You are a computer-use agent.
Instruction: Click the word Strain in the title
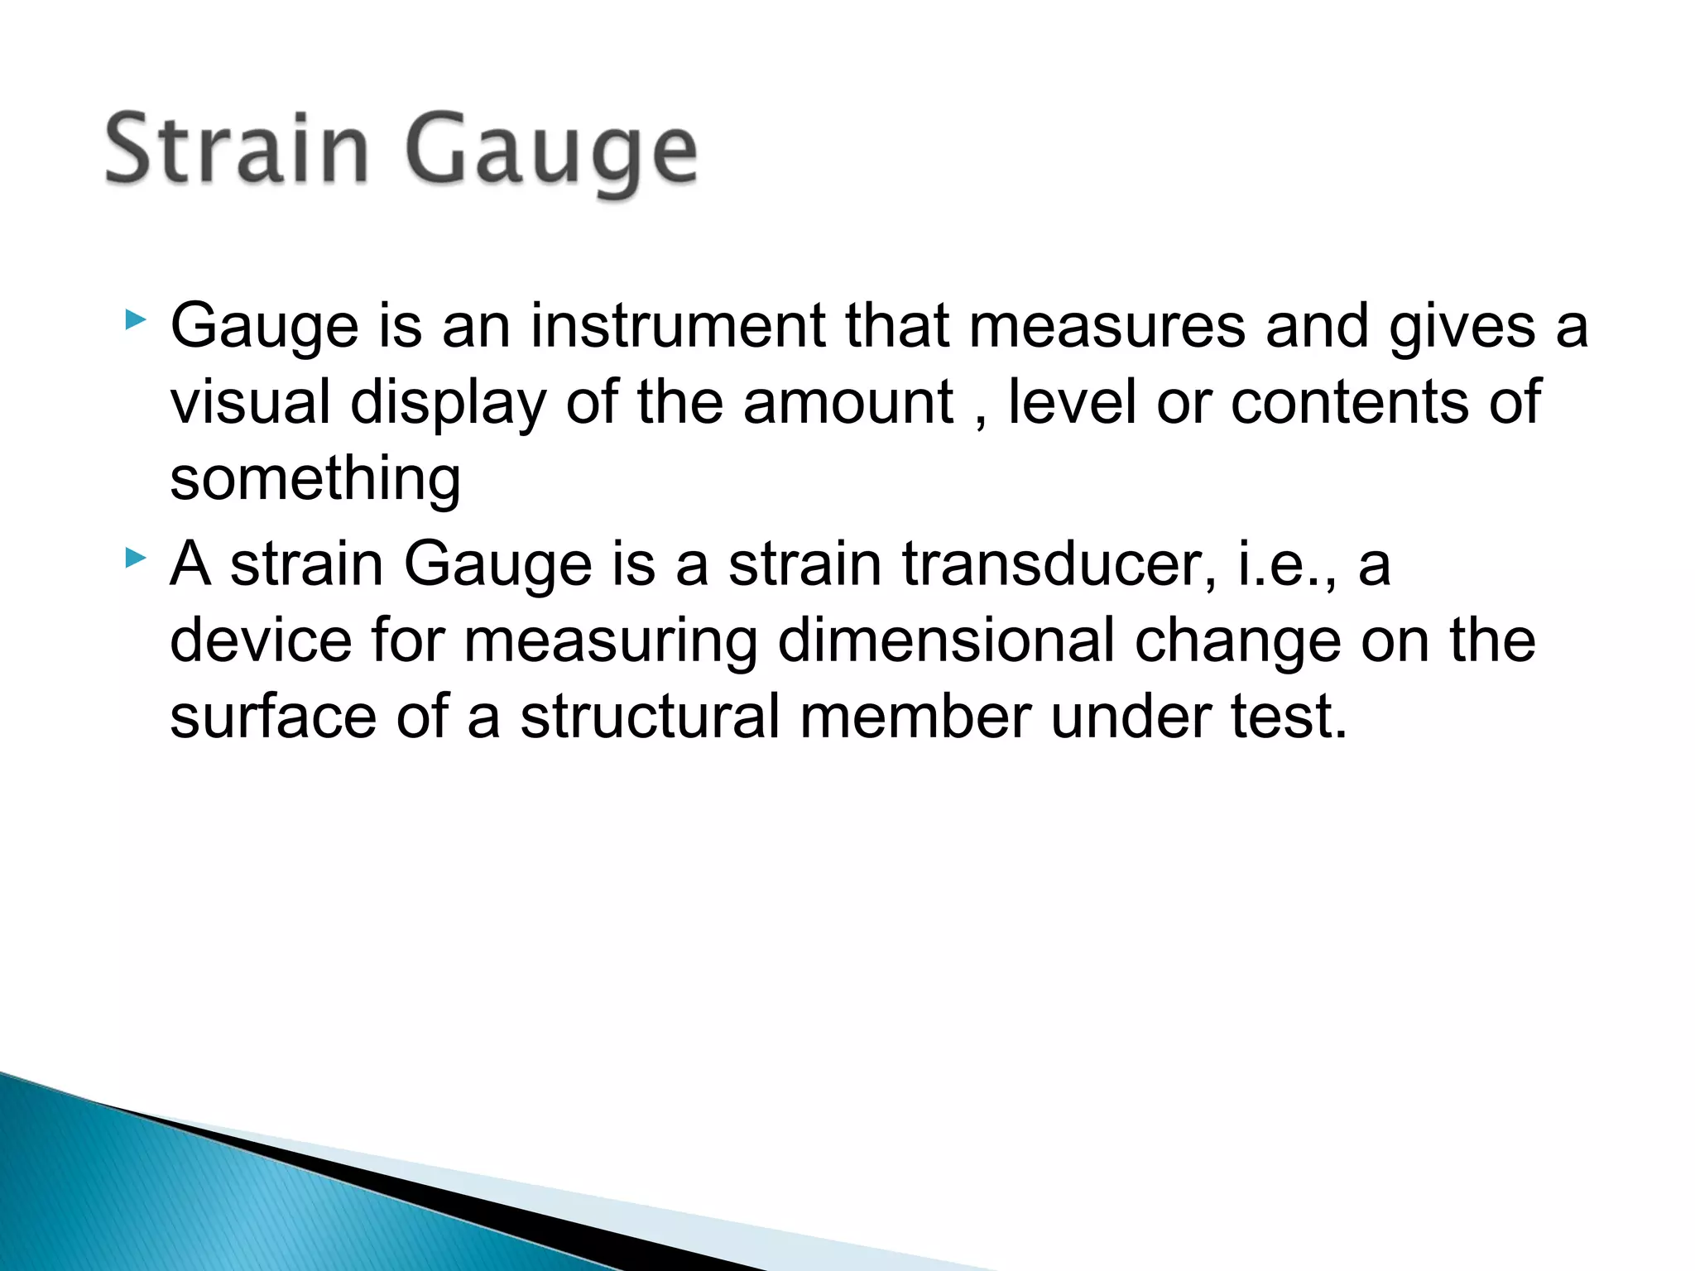(237, 149)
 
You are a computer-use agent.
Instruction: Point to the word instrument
(678, 325)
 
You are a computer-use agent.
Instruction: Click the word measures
(1107, 325)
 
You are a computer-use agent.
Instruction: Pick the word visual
(250, 402)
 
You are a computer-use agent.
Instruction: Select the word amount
(847, 402)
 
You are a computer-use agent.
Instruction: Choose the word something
(315, 480)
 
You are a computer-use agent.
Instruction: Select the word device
(261, 640)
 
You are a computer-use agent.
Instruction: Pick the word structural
(650, 717)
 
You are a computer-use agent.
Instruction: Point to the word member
(915, 717)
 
